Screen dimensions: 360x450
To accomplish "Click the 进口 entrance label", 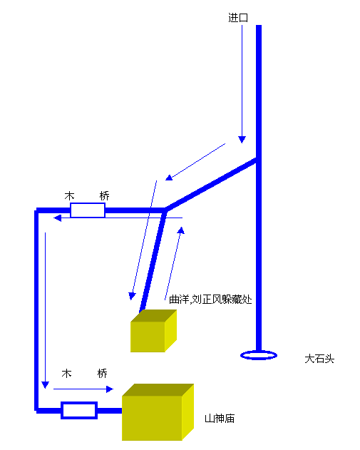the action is click(x=238, y=18).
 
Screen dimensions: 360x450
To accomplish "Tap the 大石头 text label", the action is click(x=319, y=359).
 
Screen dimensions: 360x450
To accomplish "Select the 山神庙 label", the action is click(x=220, y=419).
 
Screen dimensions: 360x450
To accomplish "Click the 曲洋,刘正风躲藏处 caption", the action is click(x=210, y=300).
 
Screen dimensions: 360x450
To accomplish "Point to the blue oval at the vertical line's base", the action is click(x=259, y=355).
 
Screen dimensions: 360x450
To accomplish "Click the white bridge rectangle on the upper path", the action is click(x=88, y=210).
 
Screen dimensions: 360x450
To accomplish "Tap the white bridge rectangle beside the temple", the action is click(x=79, y=410).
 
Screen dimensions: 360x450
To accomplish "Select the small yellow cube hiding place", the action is click(x=153, y=331).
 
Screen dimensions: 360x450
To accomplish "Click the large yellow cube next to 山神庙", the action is click(x=158, y=412).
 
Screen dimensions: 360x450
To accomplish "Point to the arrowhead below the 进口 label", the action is click(x=242, y=140).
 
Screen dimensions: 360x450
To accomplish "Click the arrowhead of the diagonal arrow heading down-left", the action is click(x=169, y=178).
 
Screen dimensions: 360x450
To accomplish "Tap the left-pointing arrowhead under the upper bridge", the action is click(x=57, y=218).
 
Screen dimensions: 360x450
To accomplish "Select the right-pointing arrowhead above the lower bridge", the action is click(x=110, y=389).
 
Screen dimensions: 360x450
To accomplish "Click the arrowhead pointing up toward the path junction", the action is click(x=181, y=230).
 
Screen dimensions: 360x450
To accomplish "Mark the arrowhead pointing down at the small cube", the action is click(x=132, y=296).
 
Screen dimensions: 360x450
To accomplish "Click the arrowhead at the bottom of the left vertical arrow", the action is click(x=46, y=385).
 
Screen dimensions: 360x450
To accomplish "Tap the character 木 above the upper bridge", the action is click(x=69, y=196).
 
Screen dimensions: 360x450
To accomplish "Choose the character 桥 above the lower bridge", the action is click(x=102, y=374).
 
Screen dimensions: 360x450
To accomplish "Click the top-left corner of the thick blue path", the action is click(x=36, y=210).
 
